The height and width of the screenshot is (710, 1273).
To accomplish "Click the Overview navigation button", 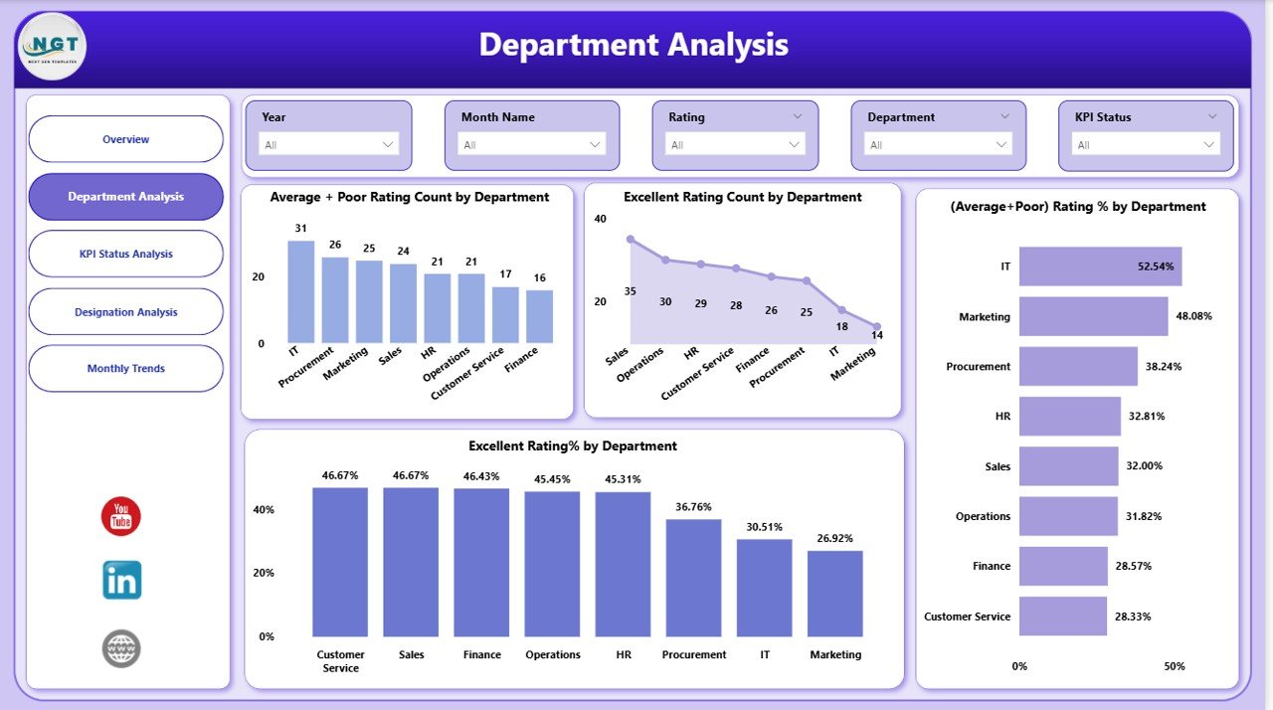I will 126,139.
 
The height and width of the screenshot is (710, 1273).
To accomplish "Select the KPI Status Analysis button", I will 126,254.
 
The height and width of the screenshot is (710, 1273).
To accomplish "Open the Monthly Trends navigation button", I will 126,369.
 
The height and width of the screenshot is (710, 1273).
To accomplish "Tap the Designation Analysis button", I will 126,312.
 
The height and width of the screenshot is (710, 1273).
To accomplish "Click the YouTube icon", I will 121,517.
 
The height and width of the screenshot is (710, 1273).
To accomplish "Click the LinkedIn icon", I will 121,580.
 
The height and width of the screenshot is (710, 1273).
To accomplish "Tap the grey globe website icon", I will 121,648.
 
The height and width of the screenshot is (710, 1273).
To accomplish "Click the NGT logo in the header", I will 53,46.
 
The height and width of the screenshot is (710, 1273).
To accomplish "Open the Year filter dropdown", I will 328,144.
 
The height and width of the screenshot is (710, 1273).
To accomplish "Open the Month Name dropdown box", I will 532,144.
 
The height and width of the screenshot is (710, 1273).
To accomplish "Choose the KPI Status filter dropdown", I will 1146,144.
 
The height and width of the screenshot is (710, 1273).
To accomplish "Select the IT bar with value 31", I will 300,292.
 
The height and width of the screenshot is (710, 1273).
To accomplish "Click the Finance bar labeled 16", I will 539,316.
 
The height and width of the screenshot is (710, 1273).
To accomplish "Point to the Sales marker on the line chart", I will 631,240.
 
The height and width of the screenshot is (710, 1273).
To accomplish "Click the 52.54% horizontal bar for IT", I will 1100,266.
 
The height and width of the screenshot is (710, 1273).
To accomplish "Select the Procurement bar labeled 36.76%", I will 693,578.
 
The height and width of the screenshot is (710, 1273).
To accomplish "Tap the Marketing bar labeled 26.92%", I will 834,594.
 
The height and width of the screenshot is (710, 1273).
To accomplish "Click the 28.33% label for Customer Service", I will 1133,617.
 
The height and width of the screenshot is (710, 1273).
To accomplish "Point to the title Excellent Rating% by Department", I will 573,446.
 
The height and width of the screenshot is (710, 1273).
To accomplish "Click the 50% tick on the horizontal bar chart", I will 1175,666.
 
